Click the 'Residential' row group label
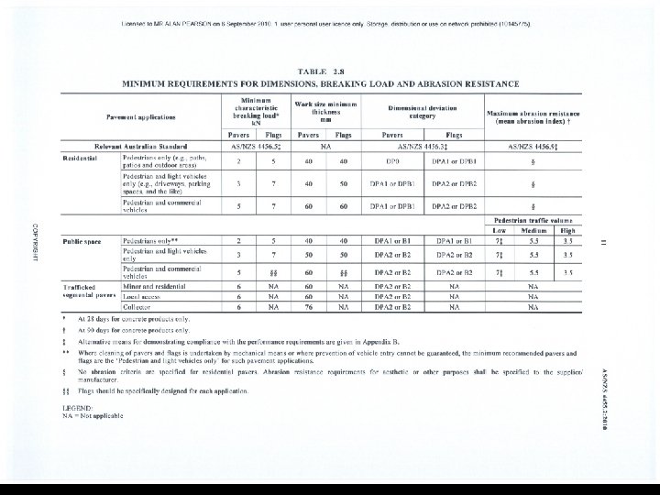coord(81,158)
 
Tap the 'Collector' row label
coord(138,308)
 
